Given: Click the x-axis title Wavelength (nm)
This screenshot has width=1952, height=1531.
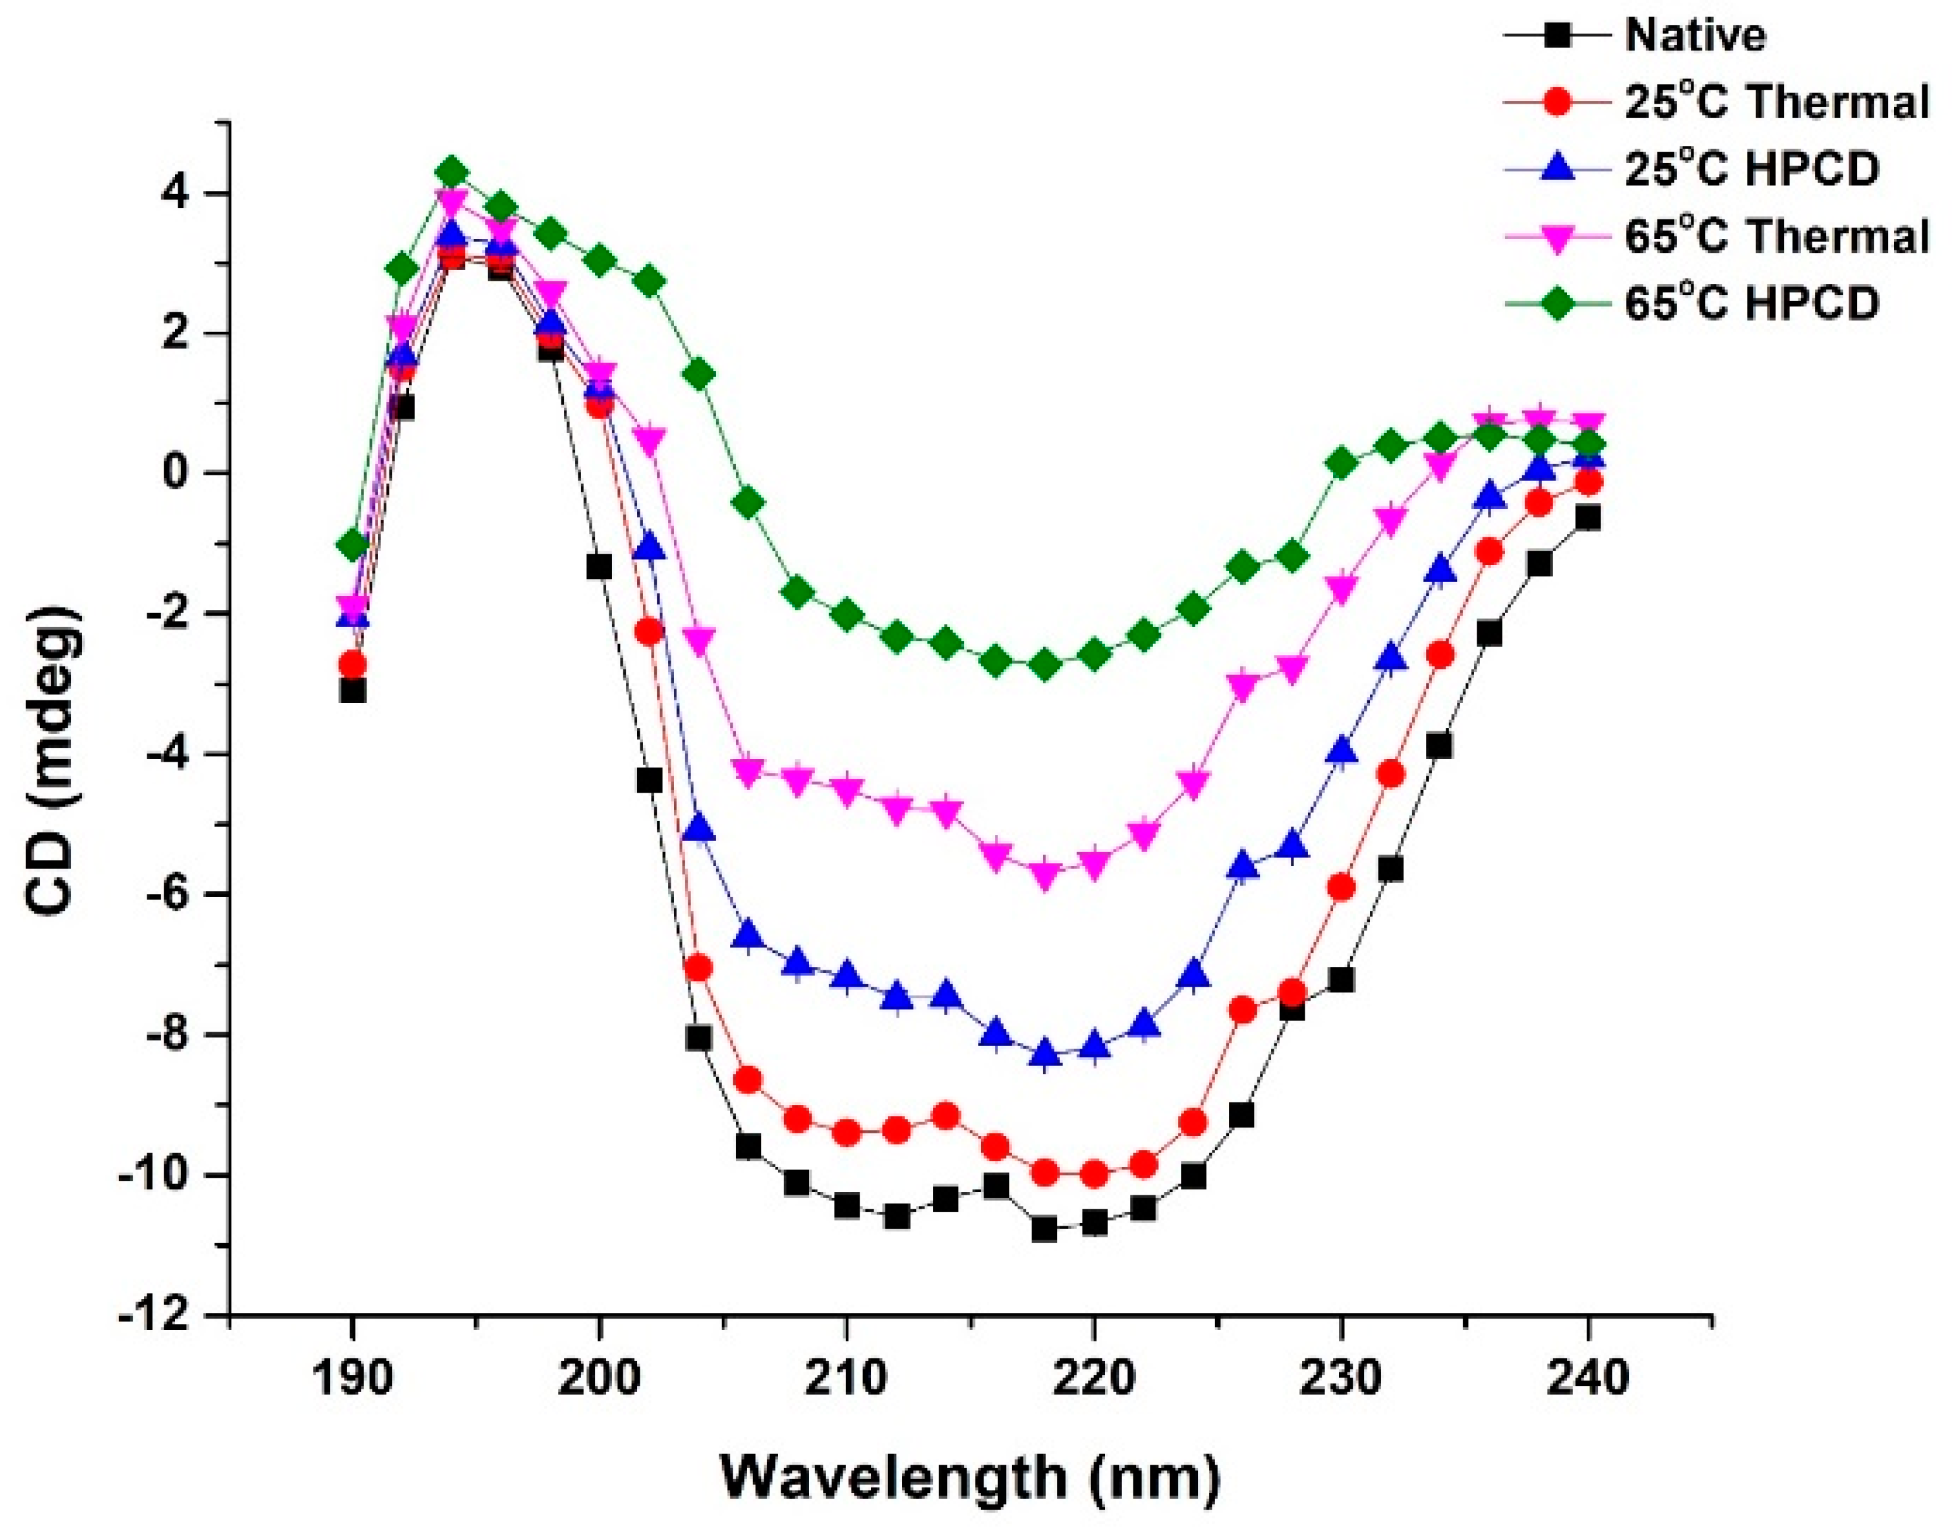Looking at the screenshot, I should click(x=970, y=1478).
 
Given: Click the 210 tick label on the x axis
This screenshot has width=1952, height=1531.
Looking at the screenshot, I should click(x=845, y=1379).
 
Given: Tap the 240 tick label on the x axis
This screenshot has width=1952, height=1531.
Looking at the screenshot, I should click(x=1588, y=1379).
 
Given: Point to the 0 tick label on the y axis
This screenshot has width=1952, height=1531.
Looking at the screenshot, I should click(x=188, y=473).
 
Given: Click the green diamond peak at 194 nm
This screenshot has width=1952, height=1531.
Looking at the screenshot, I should click(x=452, y=173).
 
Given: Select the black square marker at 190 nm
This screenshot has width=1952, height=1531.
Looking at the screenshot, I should click(x=352, y=691).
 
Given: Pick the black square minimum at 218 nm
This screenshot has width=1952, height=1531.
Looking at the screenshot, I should click(x=1045, y=1230).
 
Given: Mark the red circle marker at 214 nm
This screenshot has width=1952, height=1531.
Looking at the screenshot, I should click(x=946, y=1116).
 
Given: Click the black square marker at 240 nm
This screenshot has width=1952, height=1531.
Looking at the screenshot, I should click(x=1588, y=517).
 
